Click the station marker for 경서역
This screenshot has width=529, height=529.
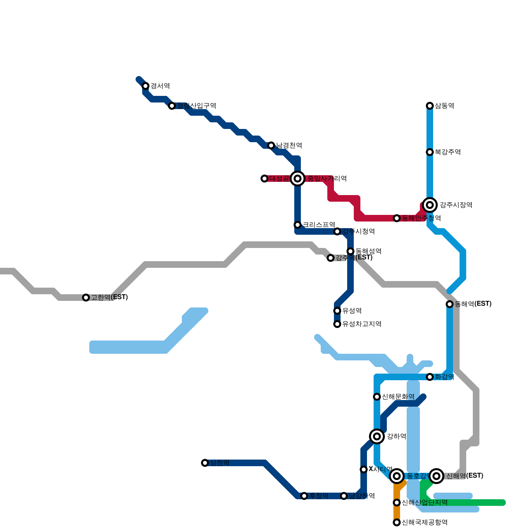145,86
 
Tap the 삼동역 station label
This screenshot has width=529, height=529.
444,106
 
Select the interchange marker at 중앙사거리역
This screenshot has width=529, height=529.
298,179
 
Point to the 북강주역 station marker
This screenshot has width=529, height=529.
430,152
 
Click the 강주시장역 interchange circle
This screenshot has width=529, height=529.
430,205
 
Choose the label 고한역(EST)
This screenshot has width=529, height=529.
109,297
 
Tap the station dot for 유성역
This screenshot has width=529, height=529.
337,311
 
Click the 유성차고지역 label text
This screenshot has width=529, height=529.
362,324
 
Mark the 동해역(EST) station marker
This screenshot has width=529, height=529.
450,304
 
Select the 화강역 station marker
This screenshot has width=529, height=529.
430,377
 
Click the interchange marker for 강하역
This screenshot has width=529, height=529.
377,436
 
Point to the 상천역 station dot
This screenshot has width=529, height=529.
205,463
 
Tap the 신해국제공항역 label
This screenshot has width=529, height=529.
425,522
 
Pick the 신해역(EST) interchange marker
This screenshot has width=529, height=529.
436,476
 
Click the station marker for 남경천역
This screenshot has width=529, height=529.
271,145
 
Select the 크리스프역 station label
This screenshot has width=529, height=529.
319,225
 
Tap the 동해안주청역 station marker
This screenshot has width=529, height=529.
397,218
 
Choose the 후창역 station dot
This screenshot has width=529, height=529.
304,496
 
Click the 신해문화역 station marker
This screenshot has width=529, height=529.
377,397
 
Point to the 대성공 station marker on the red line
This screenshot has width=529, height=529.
264,179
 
